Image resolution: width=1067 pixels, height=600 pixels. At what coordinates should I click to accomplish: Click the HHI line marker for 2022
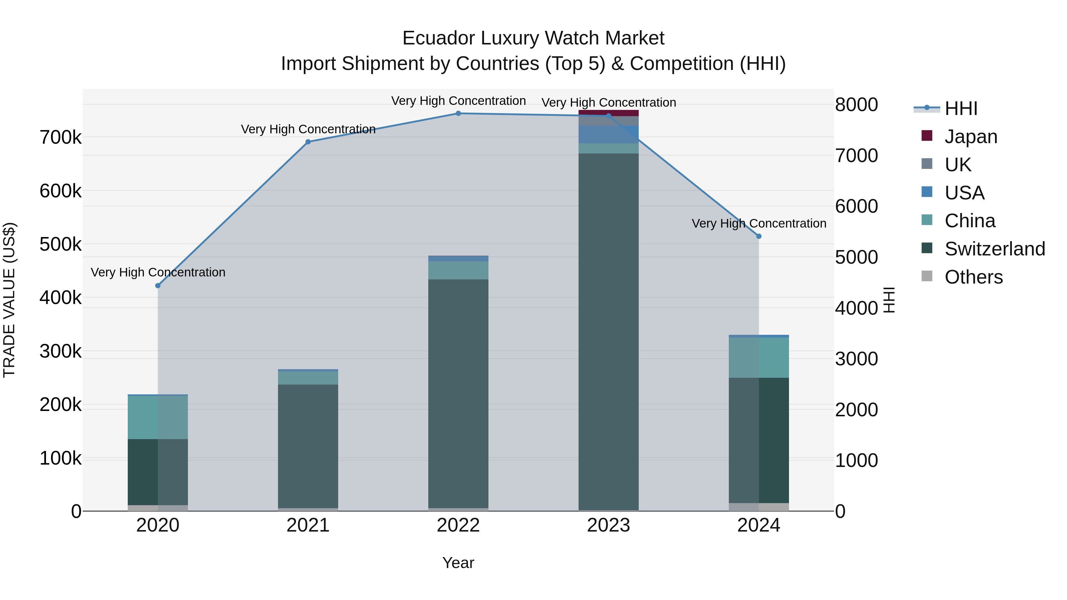coord(458,113)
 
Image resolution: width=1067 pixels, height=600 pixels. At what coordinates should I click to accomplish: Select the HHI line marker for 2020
coord(158,286)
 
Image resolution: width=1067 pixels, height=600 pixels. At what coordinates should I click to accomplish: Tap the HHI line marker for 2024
coord(759,236)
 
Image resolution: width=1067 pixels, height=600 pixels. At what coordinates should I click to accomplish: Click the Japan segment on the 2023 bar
coord(608,113)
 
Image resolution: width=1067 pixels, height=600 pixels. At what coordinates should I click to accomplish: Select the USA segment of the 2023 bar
coord(608,135)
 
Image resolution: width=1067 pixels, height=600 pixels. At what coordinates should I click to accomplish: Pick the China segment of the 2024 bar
coord(759,357)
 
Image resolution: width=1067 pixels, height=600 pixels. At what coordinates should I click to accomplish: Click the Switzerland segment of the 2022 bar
coord(458,393)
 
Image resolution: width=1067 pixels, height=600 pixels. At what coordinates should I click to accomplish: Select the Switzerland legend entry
coord(994,249)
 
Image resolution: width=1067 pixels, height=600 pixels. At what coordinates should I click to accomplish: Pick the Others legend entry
coord(973,277)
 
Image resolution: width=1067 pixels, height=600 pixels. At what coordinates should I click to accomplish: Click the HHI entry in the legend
coord(961,108)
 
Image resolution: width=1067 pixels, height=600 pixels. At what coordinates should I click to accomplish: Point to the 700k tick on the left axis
coord(60,137)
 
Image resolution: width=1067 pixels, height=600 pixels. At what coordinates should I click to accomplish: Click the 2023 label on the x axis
coord(608,525)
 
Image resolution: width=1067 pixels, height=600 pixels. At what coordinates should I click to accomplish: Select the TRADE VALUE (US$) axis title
coord(9,300)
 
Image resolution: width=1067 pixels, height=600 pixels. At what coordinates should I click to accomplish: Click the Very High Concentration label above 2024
coord(759,224)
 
